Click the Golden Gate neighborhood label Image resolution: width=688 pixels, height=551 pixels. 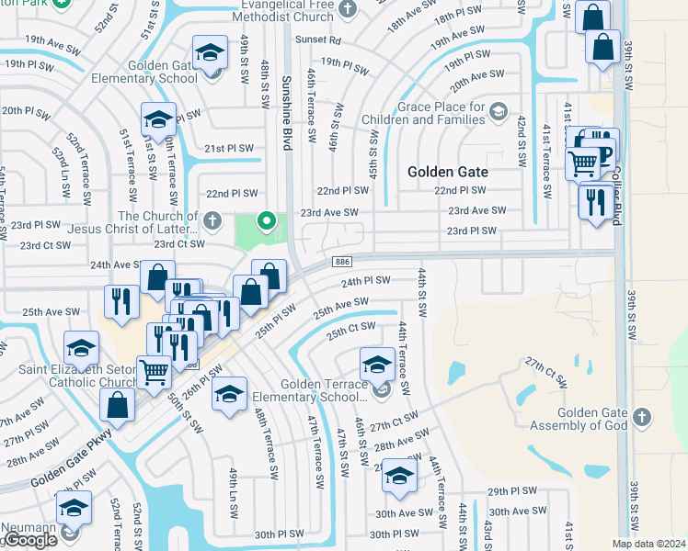tap(448, 172)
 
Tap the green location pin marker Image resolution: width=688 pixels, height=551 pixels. tap(267, 220)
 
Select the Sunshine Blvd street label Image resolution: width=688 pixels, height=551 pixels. tap(286, 119)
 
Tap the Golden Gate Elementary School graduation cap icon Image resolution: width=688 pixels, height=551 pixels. tap(210, 51)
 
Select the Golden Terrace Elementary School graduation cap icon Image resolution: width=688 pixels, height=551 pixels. tap(376, 363)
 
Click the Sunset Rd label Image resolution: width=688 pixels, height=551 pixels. tap(318, 41)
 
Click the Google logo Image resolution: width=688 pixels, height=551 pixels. tap(29, 540)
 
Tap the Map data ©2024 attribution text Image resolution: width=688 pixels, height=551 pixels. tap(649, 544)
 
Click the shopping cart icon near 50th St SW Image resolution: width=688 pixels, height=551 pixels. tap(154, 372)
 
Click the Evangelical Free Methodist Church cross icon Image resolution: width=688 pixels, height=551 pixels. tap(347, 9)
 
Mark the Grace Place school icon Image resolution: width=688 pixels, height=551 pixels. tap(498, 112)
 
